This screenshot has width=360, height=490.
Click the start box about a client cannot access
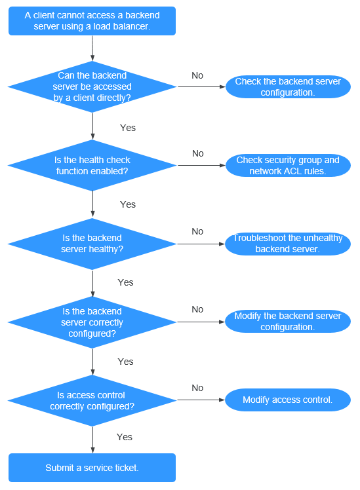click(x=92, y=21)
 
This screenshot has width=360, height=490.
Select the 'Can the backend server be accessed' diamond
click(x=92, y=86)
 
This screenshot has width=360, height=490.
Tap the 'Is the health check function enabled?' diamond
click(x=92, y=165)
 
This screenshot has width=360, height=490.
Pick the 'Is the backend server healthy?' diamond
click(x=92, y=244)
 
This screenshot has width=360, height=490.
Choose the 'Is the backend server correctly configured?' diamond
click(x=92, y=322)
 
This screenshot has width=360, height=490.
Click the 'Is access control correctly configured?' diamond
click(x=92, y=400)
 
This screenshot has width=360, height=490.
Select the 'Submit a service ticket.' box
click(x=92, y=468)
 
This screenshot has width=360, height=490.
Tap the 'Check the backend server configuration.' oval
click(x=288, y=87)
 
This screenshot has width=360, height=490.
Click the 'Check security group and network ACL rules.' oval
click(x=288, y=165)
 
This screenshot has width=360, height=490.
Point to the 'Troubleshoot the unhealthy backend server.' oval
click(x=288, y=244)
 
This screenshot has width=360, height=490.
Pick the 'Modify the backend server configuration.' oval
click(x=288, y=322)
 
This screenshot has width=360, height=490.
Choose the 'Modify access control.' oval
click(x=288, y=400)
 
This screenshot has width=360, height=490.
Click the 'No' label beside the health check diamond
click(x=197, y=153)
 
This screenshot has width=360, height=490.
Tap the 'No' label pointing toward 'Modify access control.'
click(x=197, y=388)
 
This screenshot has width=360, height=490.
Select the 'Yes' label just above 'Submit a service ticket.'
click(x=125, y=437)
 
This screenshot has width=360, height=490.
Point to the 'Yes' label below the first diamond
click(x=128, y=128)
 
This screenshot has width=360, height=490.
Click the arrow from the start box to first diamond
click(x=92, y=48)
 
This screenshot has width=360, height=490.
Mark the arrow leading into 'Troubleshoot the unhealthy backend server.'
click(x=201, y=244)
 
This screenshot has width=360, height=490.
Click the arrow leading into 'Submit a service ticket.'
click(x=92, y=440)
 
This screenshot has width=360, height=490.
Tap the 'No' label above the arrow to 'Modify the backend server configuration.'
click(x=197, y=309)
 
